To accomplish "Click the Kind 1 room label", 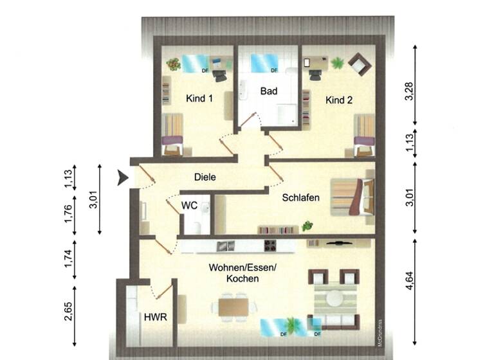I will (x=199, y=98).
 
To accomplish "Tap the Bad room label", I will (x=268, y=91).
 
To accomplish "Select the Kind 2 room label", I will (x=339, y=100).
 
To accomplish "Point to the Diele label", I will (x=205, y=177).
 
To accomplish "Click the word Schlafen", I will (x=300, y=198).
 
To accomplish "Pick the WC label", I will (x=189, y=206).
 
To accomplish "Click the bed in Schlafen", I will (x=352, y=195).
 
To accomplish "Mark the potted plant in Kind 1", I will (x=173, y=63).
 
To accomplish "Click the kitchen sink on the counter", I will (x=226, y=245).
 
